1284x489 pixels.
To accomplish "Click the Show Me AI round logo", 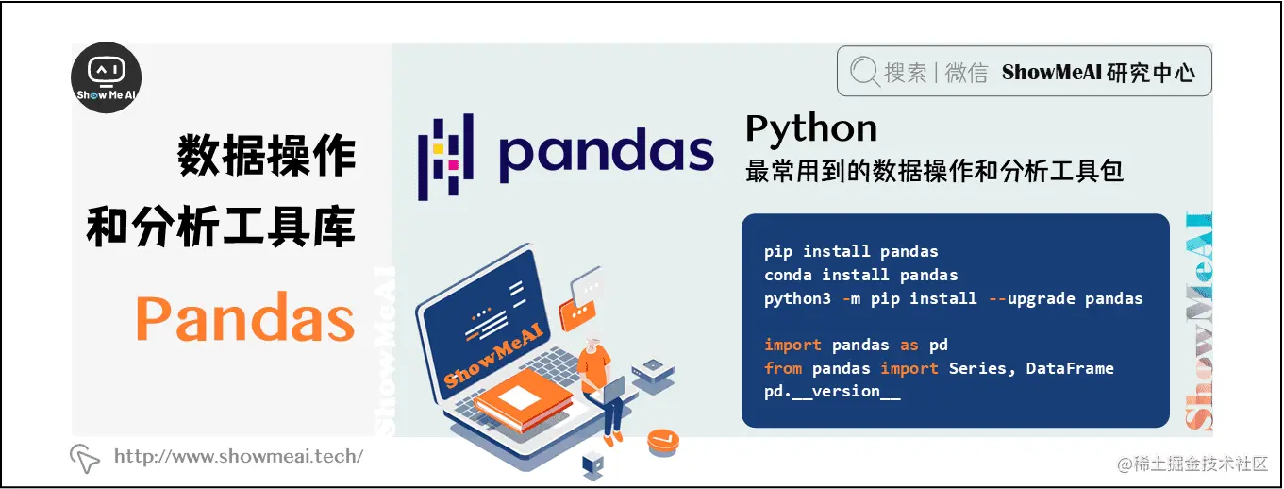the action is coord(107,78).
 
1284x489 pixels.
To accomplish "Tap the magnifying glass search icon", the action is coord(865,73).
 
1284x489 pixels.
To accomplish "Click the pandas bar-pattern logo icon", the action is coord(446,157).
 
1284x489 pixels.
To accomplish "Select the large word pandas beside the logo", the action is coord(606,156).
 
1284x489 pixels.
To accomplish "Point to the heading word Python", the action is coord(810,127).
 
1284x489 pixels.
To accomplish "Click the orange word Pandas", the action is coord(245,318).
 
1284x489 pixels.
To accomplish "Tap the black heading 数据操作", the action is coord(267,157).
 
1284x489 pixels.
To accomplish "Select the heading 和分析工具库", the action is coord(221,227).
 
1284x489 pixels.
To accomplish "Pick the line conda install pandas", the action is coord(860,275).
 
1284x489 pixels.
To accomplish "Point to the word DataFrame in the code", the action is coord(1069,368).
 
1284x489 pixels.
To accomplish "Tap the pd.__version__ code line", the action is coord(832,391).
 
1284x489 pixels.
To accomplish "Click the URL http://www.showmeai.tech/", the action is coord(238,457).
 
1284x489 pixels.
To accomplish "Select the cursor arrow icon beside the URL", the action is coord(85,458).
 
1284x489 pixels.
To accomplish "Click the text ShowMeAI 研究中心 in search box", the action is coord(1098,73).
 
